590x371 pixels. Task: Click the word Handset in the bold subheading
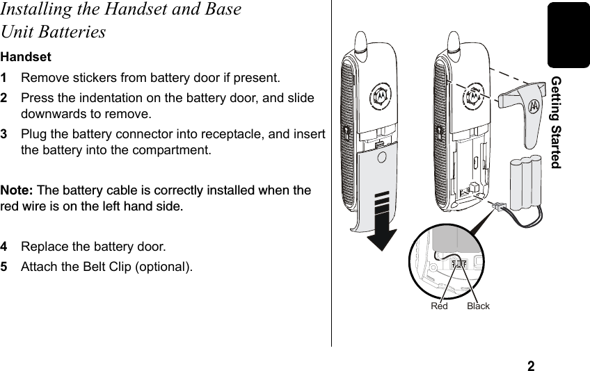(20, 56)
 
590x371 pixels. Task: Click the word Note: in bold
(17, 190)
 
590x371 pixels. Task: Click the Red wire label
(439, 306)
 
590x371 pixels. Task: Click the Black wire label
(479, 306)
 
